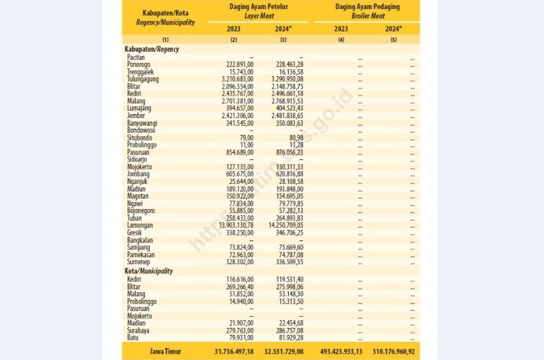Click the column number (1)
coord(165,40)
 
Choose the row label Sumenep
coord(140,261)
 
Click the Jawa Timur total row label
coord(165,350)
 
